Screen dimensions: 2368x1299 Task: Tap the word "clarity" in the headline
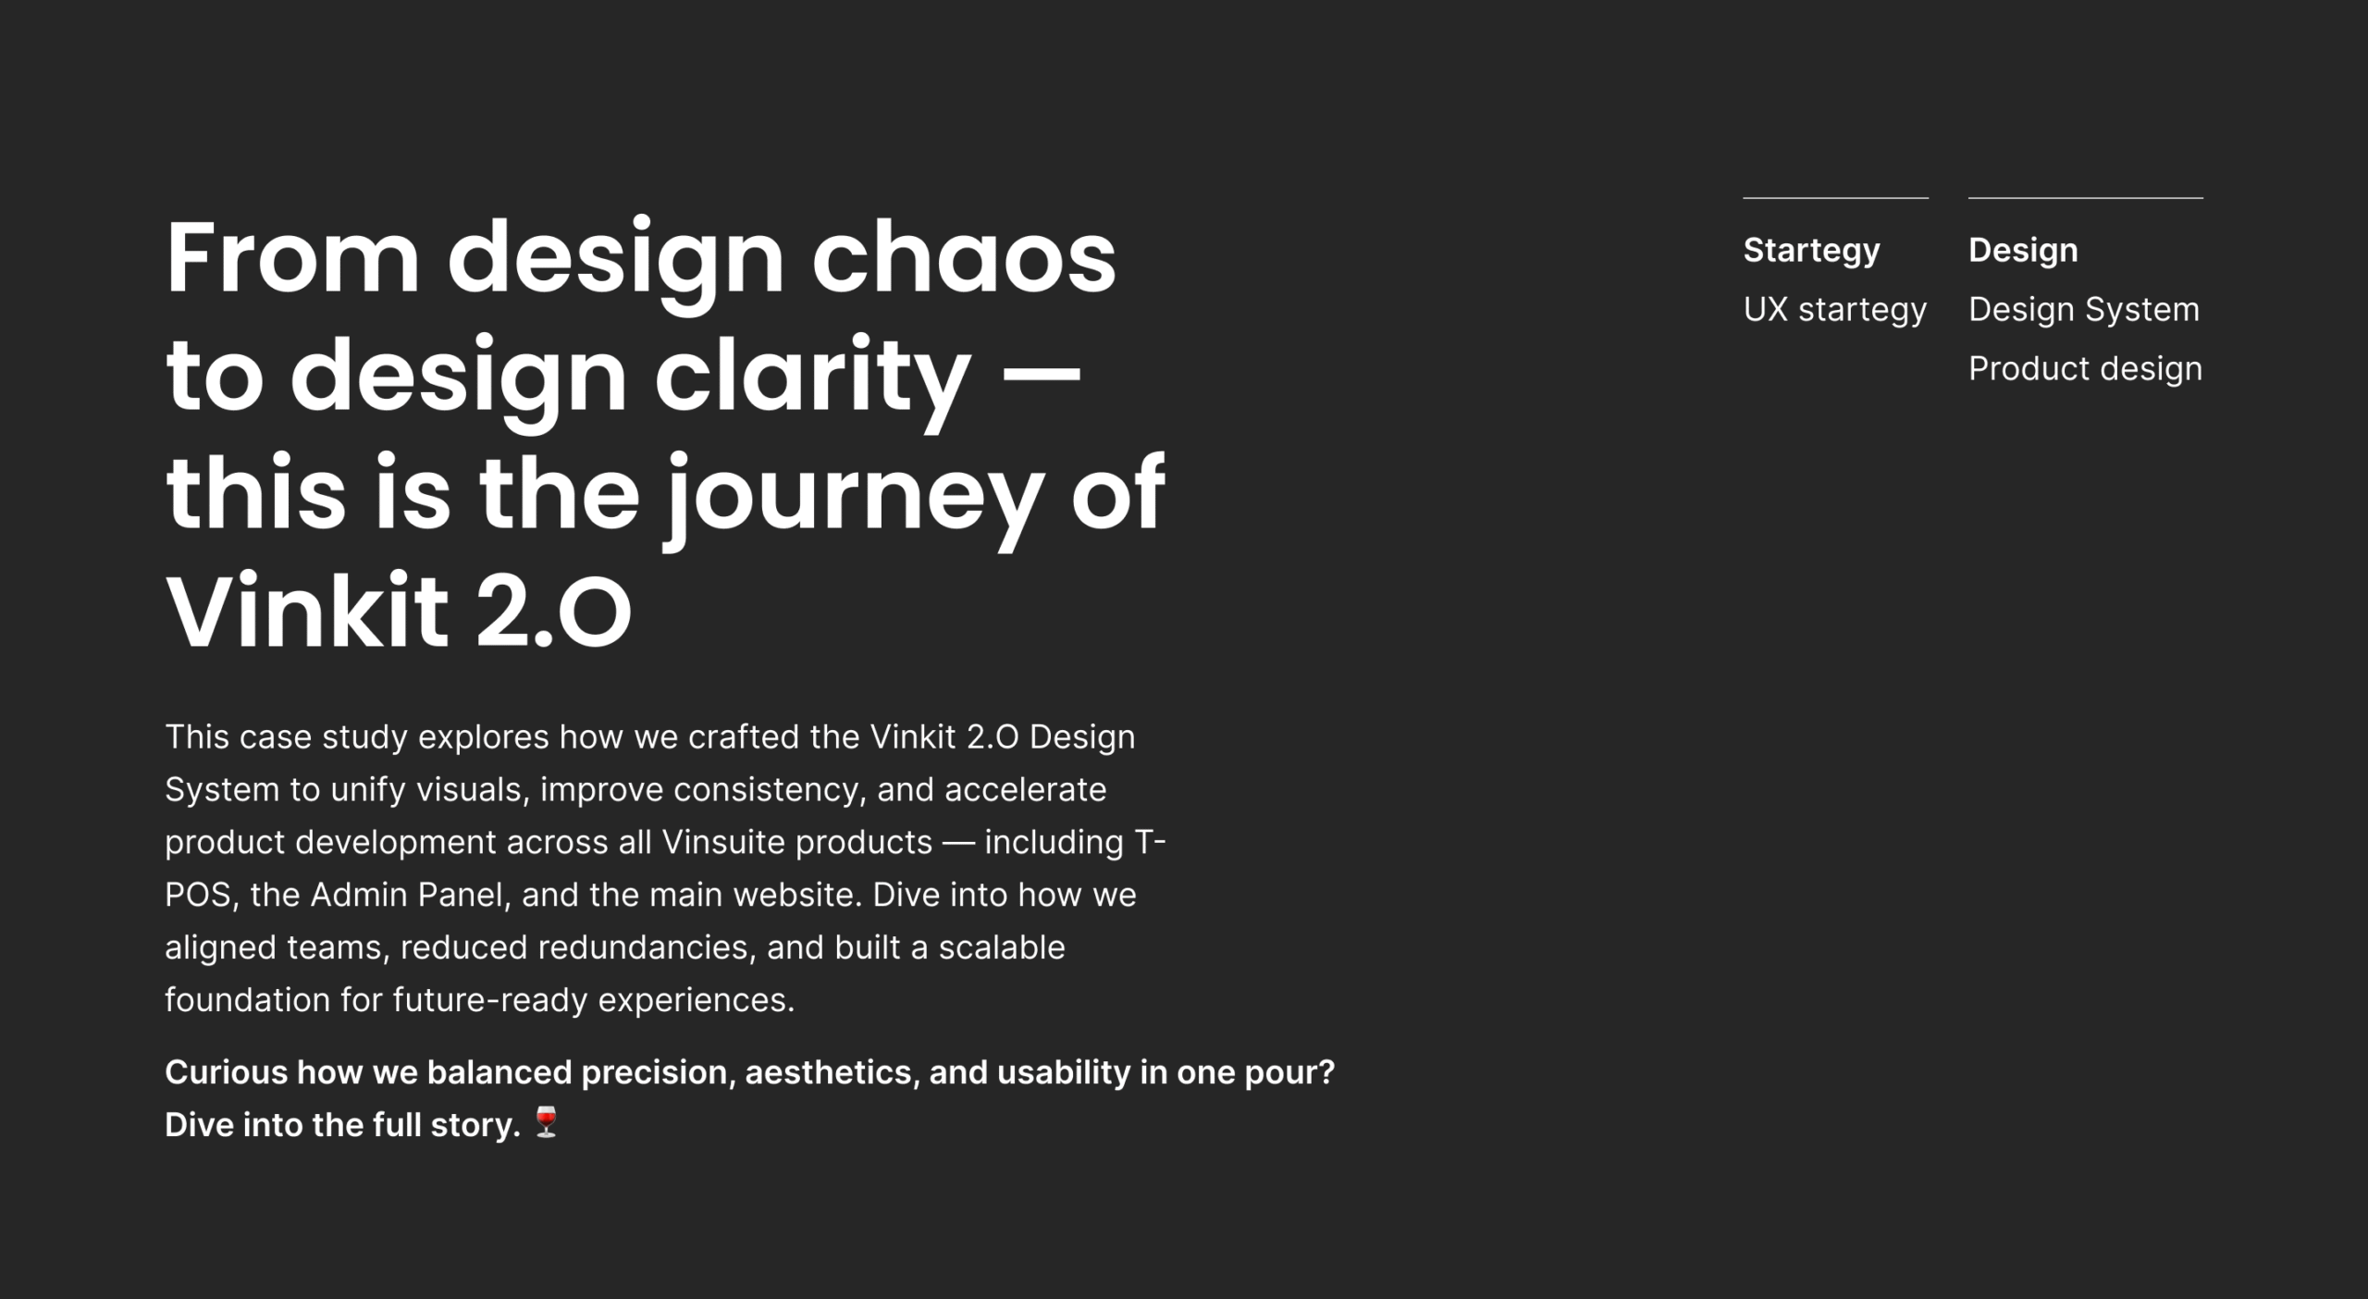[x=813, y=377]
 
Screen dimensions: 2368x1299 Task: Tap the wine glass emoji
[x=547, y=1121]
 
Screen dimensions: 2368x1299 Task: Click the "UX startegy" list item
[x=1834, y=310]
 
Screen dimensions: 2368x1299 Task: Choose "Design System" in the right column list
[x=2083, y=309]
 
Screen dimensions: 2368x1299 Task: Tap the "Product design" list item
[x=2085, y=368]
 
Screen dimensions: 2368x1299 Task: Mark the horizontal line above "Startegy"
[x=1835, y=197]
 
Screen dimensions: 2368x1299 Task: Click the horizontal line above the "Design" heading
[x=2085, y=197]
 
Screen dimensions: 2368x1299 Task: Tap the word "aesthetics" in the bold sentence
[x=832, y=1072]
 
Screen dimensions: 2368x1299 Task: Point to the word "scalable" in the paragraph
[x=1002, y=947]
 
